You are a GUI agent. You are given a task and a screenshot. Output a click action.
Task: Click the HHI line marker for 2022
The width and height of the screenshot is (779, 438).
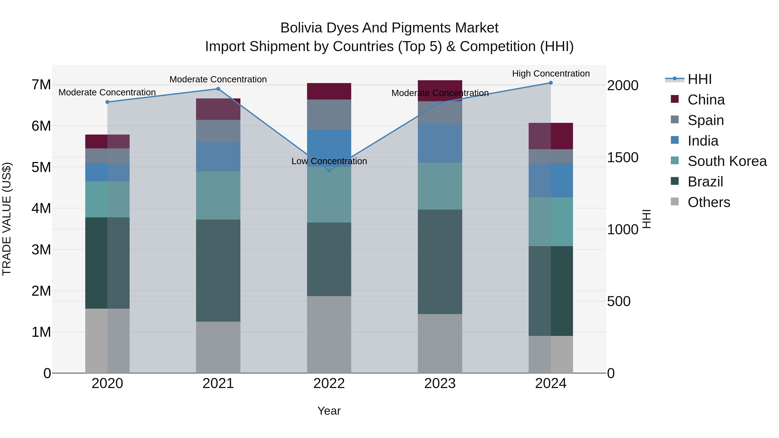[329, 170]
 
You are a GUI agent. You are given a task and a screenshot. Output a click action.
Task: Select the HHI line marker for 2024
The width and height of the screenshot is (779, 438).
[551, 83]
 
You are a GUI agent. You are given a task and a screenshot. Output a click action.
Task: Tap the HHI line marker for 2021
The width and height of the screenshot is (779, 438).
[218, 89]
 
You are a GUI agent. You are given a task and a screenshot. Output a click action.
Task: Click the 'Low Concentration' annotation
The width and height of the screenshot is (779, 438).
[329, 161]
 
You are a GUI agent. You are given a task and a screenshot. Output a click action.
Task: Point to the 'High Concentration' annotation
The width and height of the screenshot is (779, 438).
[551, 74]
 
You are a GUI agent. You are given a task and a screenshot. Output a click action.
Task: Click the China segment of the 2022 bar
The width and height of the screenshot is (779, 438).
[329, 91]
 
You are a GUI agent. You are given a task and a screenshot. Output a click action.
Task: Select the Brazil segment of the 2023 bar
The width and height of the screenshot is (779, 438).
[440, 262]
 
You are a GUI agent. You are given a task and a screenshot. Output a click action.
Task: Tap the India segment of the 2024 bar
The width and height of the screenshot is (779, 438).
[551, 180]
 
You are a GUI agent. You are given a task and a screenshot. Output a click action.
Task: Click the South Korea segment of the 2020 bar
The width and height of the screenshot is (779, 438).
[107, 199]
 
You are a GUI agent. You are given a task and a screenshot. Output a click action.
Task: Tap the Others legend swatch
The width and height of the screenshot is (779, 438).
[675, 202]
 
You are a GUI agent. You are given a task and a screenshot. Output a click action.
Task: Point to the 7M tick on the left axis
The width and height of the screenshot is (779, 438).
[41, 85]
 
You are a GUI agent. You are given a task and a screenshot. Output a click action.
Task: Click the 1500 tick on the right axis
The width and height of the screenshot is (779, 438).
[623, 157]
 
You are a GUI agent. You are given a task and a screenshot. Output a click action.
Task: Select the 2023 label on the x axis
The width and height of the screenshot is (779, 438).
[440, 383]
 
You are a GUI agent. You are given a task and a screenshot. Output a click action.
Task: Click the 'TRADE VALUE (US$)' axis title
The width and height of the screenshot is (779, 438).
[7, 219]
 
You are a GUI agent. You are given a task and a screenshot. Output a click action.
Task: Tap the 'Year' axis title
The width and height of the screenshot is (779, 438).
[329, 411]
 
